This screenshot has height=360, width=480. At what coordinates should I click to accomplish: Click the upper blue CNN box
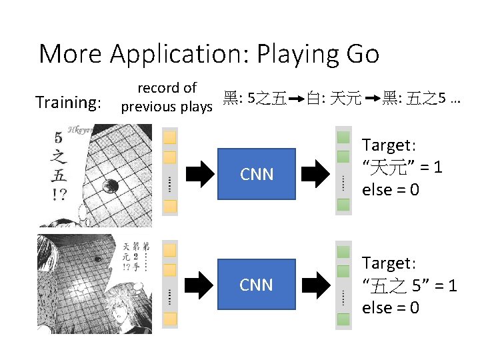[x=257, y=175]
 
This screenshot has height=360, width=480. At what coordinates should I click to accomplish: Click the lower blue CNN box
[x=257, y=285]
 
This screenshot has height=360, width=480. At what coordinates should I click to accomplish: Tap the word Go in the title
[x=363, y=53]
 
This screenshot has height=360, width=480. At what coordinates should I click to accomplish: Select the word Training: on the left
[x=68, y=102]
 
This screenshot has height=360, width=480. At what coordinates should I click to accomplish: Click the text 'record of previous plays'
[x=167, y=97]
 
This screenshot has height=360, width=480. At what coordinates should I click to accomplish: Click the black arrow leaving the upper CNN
[x=314, y=175]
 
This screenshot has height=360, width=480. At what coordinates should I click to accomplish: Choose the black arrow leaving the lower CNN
[x=314, y=285]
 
